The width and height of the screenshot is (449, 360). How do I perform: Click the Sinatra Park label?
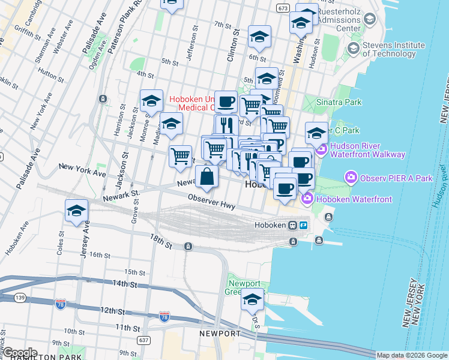click(340, 102)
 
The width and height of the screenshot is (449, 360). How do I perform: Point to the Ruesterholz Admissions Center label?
click(339, 20)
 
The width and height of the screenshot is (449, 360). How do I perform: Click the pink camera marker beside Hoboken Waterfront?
click(307, 199)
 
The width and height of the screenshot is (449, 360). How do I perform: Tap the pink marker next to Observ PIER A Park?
click(350, 178)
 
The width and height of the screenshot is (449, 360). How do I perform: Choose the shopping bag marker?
click(206, 177)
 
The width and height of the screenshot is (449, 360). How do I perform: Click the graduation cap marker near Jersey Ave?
click(77, 211)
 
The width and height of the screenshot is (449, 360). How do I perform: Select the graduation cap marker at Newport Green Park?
click(252, 299)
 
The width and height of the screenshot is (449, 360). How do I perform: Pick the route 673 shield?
click(283, 8)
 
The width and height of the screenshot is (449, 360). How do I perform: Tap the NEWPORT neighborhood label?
click(220, 334)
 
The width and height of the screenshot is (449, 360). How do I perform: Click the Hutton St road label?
click(51, 73)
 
